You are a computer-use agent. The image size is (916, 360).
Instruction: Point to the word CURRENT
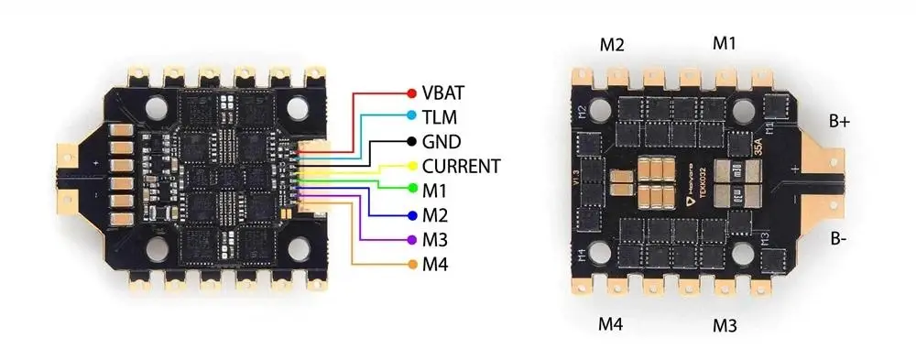coord(461,167)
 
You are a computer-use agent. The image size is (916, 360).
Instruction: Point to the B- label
coord(839,239)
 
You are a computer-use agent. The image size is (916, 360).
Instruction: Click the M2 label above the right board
coord(612,44)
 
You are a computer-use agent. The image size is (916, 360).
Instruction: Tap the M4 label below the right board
coord(612,323)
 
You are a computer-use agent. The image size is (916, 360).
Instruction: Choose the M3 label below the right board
coord(725,325)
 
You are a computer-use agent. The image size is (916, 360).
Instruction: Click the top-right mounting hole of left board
coord(300,111)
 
